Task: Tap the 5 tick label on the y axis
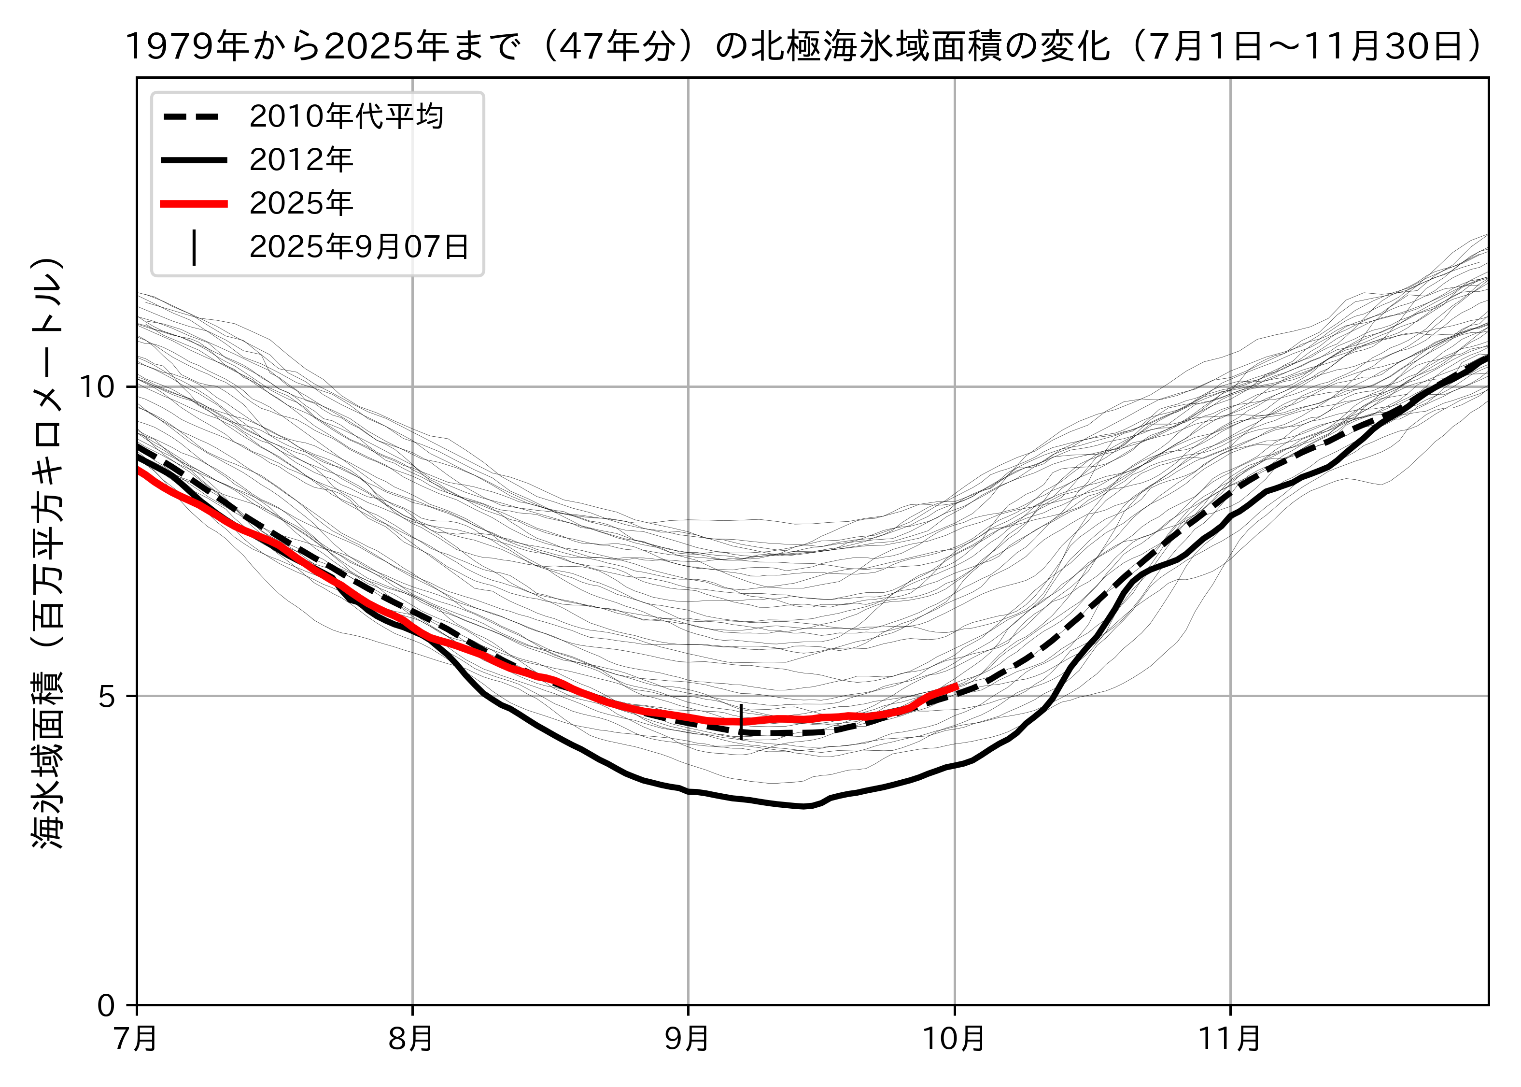tap(108, 697)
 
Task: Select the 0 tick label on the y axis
tap(108, 1005)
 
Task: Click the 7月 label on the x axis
tap(137, 1039)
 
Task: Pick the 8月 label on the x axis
tap(411, 1039)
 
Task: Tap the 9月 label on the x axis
tap(687, 1039)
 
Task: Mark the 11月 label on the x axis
tap(1229, 1039)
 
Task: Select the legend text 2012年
tap(301, 160)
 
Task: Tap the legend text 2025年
tap(301, 203)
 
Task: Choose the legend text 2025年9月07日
tap(359, 247)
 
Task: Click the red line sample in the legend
tap(194, 203)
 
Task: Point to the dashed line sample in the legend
tap(194, 117)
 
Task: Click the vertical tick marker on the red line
tap(741, 722)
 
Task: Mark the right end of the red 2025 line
tap(957, 686)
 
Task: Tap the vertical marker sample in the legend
tap(194, 248)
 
